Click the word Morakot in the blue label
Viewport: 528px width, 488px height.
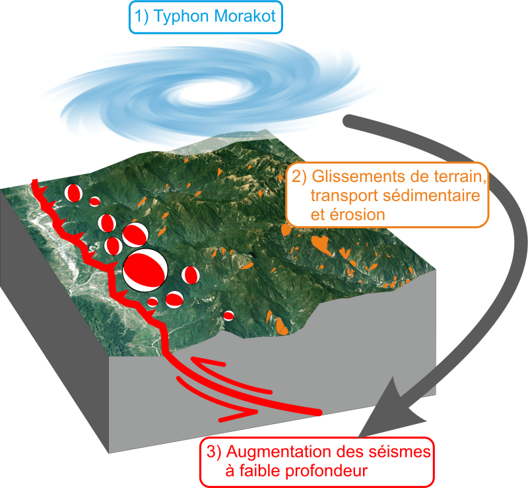tap(245, 16)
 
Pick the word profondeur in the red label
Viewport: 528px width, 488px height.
tap(327, 471)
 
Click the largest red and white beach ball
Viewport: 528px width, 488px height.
tap(145, 270)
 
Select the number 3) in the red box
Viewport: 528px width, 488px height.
tap(214, 452)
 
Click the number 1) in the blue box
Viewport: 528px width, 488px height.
tap(141, 16)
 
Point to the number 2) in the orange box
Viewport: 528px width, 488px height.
tap(300, 176)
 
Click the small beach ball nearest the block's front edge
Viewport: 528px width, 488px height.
tap(228, 316)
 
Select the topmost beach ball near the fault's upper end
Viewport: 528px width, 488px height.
tap(73, 193)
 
